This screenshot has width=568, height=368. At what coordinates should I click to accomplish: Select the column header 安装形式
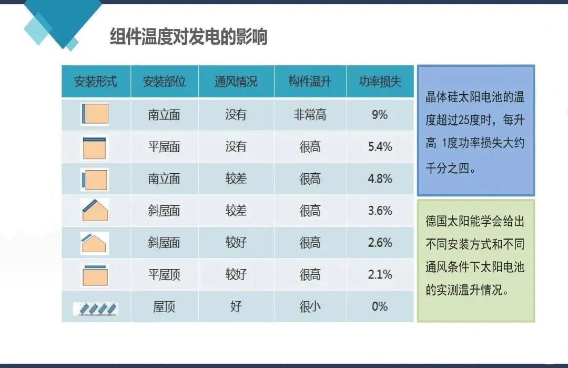point(95,82)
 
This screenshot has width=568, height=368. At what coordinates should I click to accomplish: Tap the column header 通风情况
point(236,82)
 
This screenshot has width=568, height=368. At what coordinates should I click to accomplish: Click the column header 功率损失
point(380,82)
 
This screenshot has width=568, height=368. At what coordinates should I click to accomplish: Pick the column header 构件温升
point(310,82)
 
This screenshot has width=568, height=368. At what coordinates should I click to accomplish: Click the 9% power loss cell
point(380,115)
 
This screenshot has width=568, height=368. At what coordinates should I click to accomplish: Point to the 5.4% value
point(380,147)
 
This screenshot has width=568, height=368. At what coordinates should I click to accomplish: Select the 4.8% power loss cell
point(380,179)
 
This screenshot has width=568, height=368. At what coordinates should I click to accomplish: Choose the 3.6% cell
point(380,211)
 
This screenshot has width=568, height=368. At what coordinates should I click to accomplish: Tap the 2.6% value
point(380,243)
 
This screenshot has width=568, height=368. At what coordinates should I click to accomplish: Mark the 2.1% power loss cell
point(380,274)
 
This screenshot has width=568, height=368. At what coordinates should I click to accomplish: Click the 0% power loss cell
point(380,306)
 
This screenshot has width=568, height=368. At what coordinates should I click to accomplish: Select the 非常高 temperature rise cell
point(310,115)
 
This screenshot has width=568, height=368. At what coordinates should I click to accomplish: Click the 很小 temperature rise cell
point(310,306)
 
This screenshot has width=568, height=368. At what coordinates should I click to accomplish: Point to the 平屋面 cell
point(164,147)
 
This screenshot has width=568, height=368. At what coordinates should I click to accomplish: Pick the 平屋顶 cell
point(164,274)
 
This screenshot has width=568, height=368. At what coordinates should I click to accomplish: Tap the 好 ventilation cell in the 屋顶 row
point(236,306)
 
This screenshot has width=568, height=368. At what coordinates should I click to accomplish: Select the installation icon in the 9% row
point(95,114)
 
